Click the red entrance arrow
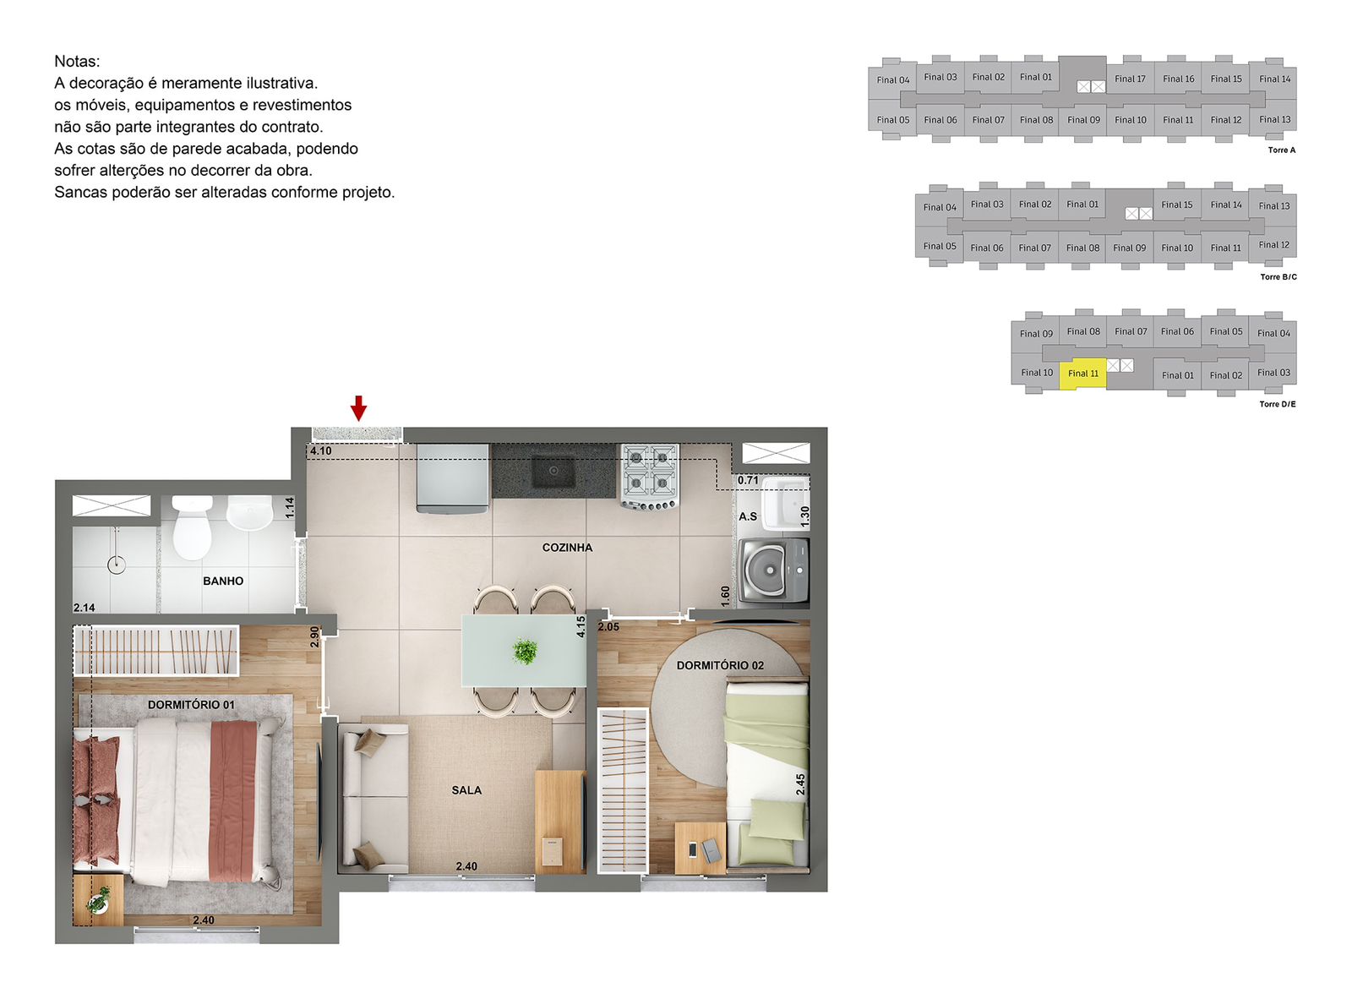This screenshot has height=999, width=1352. click(x=358, y=407)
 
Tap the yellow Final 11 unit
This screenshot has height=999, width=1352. click(x=1082, y=374)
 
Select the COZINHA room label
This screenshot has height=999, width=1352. click(x=567, y=548)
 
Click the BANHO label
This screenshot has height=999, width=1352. click(x=223, y=581)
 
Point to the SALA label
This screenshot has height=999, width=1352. click(x=466, y=790)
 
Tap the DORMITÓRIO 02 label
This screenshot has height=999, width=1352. click(x=720, y=665)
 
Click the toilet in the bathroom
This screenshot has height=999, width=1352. click(x=192, y=527)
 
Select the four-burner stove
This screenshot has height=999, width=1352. click(x=650, y=477)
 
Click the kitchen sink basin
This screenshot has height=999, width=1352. click(x=553, y=471)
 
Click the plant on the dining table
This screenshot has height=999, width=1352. click(x=524, y=651)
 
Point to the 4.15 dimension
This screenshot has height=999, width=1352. click(x=581, y=626)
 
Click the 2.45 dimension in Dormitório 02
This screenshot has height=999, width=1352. click(x=800, y=784)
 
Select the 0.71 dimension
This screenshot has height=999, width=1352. click(x=748, y=481)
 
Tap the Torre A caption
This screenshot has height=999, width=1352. click(x=1281, y=150)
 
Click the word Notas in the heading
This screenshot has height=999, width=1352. click(x=77, y=61)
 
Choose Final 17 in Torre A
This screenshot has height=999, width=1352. click(x=1130, y=79)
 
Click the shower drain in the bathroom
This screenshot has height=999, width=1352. click(x=117, y=565)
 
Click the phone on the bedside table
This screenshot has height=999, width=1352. click(x=692, y=849)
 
